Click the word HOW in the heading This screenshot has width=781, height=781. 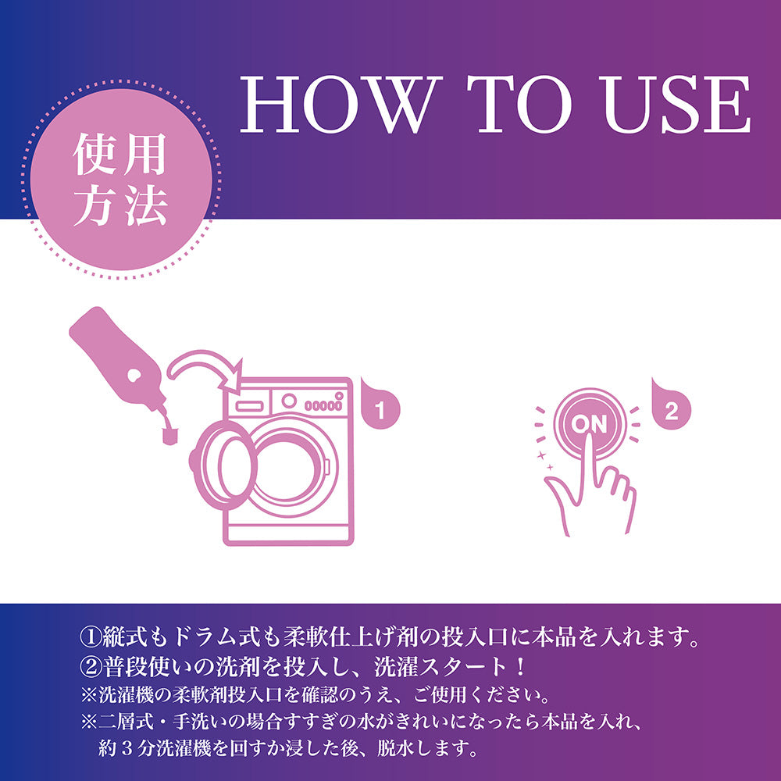tap(341, 105)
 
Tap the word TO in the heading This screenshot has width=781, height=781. tap(520, 105)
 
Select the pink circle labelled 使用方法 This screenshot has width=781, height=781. tap(121, 180)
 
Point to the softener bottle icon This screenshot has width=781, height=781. tap(118, 359)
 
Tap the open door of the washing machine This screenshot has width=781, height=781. tap(224, 465)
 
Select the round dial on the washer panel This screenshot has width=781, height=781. tap(289, 401)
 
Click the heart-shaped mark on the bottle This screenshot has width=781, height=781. tap(134, 376)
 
